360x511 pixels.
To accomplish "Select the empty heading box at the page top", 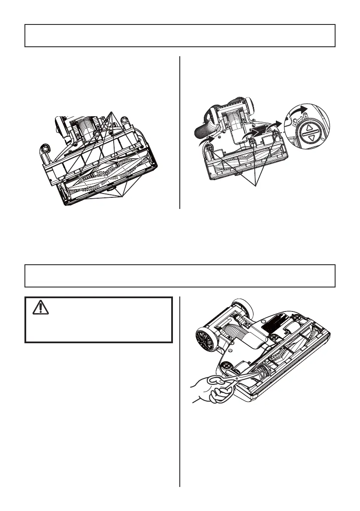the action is click(180, 36).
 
